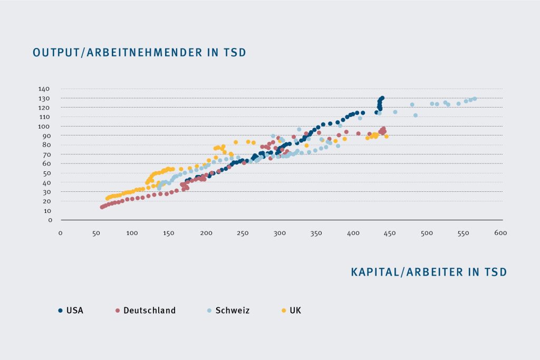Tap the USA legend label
coord(74,310)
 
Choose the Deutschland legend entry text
coord(149,310)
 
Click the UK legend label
coord(296,310)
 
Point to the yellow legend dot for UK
coord(284,310)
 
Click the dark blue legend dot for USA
coord(61,310)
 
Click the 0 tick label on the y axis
coord(50,220)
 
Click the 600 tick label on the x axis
coord(500,233)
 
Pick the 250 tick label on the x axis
coord(242,233)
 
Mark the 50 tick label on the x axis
coord(97,233)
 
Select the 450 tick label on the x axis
coord(390,233)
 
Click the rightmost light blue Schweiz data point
coord(475,99)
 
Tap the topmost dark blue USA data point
coord(382,98)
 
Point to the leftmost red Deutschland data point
coord(102,207)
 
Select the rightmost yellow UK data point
coord(387,137)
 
